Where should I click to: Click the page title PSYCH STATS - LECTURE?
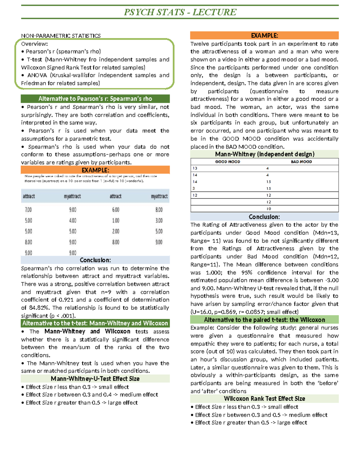[180, 12]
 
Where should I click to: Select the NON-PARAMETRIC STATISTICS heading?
[61, 36]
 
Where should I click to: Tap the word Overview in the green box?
[34, 44]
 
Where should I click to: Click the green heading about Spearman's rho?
[95, 99]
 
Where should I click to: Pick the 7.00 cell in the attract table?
[28, 210]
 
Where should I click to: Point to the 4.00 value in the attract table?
[73, 221]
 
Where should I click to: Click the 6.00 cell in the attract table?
[115, 210]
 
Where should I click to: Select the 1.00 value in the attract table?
[115, 221]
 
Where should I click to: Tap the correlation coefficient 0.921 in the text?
[66, 300]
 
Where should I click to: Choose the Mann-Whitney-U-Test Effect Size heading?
[95, 379]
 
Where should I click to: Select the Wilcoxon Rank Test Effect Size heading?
[264, 398]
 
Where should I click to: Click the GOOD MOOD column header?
[227, 162]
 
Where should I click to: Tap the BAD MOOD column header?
[301, 162]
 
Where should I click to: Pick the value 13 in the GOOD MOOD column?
[195, 168]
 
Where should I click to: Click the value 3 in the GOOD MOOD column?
[194, 188]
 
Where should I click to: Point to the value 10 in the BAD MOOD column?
[268, 209]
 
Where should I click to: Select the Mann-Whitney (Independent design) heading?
[264, 154]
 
